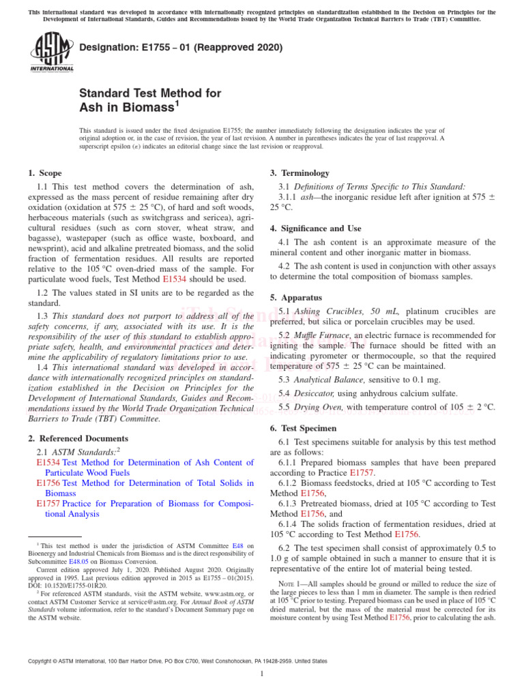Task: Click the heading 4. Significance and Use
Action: pos(315,228)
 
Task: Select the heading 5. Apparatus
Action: pos(297,298)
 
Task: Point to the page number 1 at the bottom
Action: pos(262,674)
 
